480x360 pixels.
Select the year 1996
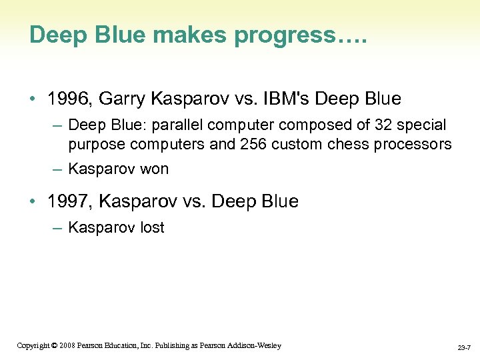point(70,99)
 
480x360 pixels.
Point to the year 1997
point(70,201)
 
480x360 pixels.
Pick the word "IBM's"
point(287,99)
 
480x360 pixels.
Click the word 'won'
point(154,169)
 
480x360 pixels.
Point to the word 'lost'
point(152,227)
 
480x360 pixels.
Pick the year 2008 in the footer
point(66,345)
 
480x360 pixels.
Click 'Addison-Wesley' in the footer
point(257,345)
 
